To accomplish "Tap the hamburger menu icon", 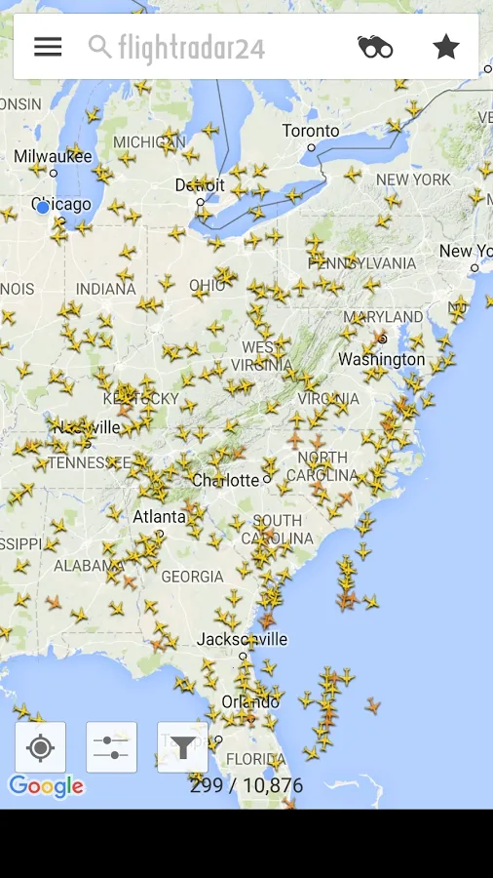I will pyautogui.click(x=48, y=47).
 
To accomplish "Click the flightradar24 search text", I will pyautogui.click(x=191, y=47).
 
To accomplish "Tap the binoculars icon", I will pyautogui.click(x=375, y=47).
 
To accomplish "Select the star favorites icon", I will pyautogui.click(x=446, y=47).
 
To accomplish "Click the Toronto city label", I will pyautogui.click(x=311, y=131).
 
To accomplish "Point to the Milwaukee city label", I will pyautogui.click(x=53, y=156).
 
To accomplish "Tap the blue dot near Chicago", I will pyautogui.click(x=43, y=208).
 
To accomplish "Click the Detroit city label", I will pyautogui.click(x=200, y=185).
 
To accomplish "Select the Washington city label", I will pyautogui.click(x=381, y=359).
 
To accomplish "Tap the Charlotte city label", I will pyautogui.click(x=225, y=480).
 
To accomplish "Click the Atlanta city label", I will pyautogui.click(x=159, y=516).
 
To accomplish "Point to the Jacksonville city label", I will pyautogui.click(x=242, y=640).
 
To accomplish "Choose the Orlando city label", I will pyautogui.click(x=250, y=701).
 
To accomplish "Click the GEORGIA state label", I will pyautogui.click(x=192, y=577).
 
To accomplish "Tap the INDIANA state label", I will pyautogui.click(x=106, y=289).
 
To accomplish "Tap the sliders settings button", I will pyautogui.click(x=112, y=747).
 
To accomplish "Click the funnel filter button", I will pyautogui.click(x=182, y=747).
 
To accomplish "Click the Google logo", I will pyautogui.click(x=46, y=786).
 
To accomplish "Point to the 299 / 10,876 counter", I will pyautogui.click(x=246, y=785).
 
